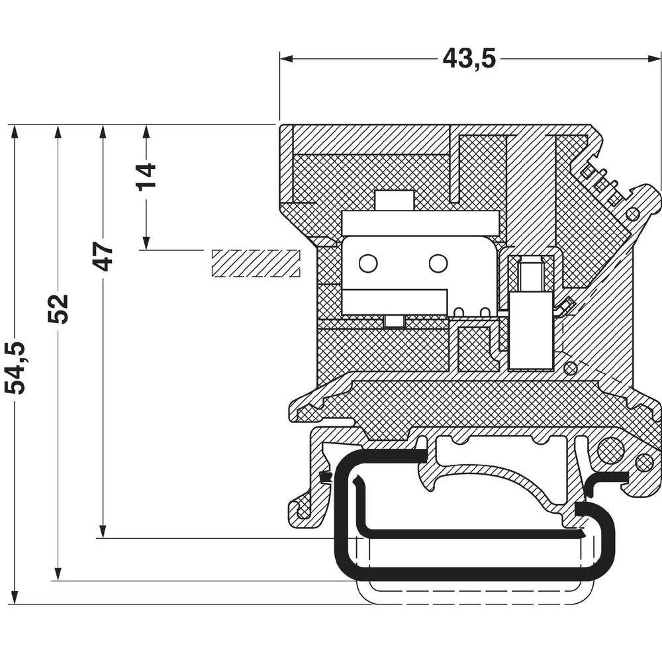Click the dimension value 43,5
pyautogui.click(x=469, y=58)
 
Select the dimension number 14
pyautogui.click(x=146, y=175)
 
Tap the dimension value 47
pyautogui.click(x=103, y=257)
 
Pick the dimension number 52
pyautogui.click(x=58, y=308)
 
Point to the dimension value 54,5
pyautogui.click(x=15, y=368)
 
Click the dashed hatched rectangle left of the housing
pyautogui.click(x=256, y=263)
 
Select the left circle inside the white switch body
pyautogui.click(x=368, y=263)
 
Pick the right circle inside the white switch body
pyautogui.click(x=438, y=263)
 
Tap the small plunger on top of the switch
pyautogui.click(x=395, y=201)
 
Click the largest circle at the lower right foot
pyautogui.click(x=610, y=451)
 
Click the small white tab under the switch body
pyautogui.click(x=394, y=321)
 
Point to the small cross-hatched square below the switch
pyautogui.click(x=478, y=348)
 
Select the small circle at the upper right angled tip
pyautogui.click(x=632, y=214)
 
